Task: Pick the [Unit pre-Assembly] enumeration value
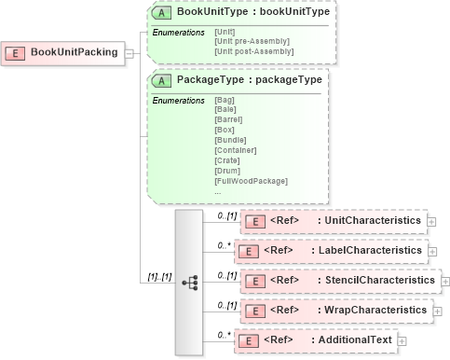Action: (252, 41)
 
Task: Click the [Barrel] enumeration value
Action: (228, 119)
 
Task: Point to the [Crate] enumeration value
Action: (226, 159)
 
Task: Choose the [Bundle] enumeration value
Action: (229, 140)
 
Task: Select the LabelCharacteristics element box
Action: (332, 250)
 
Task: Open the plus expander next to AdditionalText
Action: (402, 340)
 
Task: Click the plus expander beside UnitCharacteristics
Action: (431, 221)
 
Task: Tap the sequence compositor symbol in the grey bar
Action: (189, 281)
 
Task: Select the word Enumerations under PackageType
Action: (178, 100)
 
